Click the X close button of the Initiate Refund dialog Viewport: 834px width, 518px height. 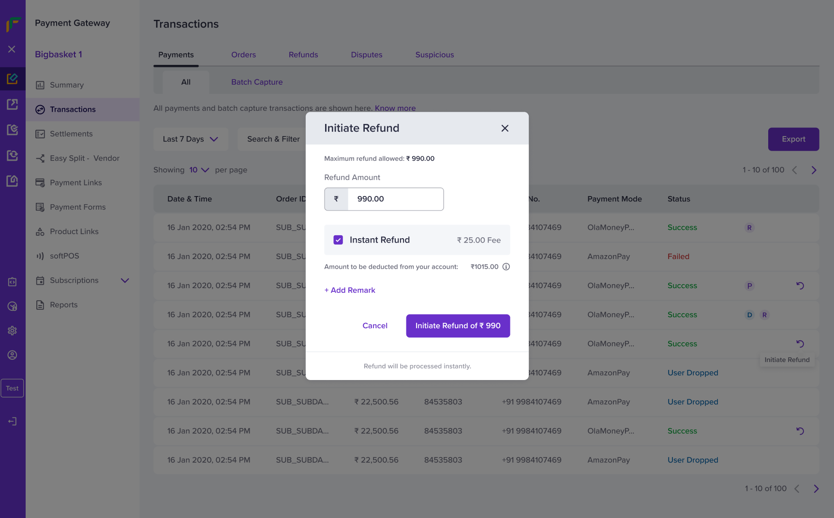pos(505,128)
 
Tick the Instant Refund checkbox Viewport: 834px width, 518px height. pos(338,240)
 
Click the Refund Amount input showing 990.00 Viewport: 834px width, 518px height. pos(395,199)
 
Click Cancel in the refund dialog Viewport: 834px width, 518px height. pos(375,326)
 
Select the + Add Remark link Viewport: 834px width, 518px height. pos(350,290)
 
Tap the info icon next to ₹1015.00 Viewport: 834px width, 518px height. pos(506,267)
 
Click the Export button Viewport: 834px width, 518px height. pos(793,139)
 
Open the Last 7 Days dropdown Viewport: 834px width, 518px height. pos(190,139)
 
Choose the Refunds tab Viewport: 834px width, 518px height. pos(303,55)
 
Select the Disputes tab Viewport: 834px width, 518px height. pos(367,55)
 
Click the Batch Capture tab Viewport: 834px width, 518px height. pos(257,82)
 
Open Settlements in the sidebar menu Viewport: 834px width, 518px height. pos(71,134)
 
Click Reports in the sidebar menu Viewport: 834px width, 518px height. pos(63,305)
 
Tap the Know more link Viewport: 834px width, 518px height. pos(395,108)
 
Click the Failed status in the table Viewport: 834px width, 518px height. pos(678,257)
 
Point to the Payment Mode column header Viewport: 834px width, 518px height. pos(614,199)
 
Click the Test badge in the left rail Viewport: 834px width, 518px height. pos(12,388)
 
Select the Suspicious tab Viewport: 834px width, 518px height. pos(434,55)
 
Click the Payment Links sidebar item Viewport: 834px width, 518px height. pos(75,183)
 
